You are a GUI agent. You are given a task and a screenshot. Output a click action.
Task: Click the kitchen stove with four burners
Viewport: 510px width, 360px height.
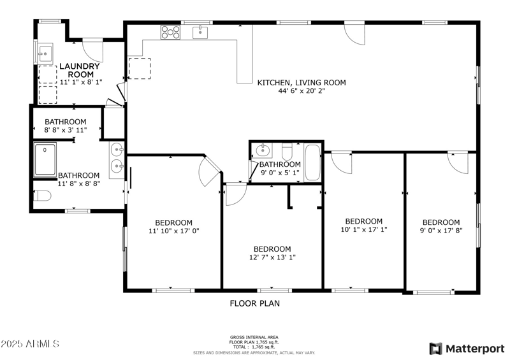coord(170,32)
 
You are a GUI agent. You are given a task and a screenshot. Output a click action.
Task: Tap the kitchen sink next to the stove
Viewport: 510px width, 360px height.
coord(200,32)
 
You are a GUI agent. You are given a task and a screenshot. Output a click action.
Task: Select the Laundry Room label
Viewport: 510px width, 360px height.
coord(80,70)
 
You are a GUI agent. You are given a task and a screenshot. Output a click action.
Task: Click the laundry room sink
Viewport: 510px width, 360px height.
coord(45,53)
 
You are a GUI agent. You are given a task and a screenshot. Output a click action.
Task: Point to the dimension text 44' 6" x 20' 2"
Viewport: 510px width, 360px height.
coord(302,91)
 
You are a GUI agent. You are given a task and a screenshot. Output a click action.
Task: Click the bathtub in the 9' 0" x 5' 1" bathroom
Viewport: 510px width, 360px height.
coord(312,162)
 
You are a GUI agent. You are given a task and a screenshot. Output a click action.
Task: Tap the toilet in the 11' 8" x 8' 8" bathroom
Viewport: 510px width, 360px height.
coord(42,196)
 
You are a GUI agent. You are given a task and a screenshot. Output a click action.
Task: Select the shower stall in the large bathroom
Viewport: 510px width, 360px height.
coord(45,160)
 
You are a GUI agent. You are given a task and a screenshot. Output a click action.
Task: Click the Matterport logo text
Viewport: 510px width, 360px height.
coord(475,349)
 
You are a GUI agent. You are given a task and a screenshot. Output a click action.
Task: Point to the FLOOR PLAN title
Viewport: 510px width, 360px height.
coord(254,303)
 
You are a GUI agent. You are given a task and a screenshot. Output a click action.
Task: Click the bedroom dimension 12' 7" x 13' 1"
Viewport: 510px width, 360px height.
coord(272,257)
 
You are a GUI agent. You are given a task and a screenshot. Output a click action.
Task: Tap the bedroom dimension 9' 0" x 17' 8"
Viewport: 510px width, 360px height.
coord(441,231)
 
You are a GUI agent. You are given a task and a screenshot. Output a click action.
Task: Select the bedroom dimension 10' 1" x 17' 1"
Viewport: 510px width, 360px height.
coord(363,229)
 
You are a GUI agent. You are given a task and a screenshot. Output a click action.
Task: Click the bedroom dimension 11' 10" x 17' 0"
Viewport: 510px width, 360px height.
coord(173,231)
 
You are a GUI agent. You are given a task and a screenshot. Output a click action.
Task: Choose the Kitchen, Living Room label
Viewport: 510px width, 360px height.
coord(302,83)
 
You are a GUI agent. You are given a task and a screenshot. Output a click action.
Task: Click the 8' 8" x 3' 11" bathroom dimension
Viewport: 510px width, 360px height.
coord(66,130)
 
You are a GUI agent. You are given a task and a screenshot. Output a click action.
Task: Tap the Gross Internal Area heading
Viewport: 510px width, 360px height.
coord(254,337)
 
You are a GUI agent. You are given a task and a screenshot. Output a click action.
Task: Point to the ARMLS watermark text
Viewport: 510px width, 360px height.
coord(30,343)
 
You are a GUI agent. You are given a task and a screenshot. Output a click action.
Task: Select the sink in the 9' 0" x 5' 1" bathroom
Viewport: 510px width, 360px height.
coord(263,150)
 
